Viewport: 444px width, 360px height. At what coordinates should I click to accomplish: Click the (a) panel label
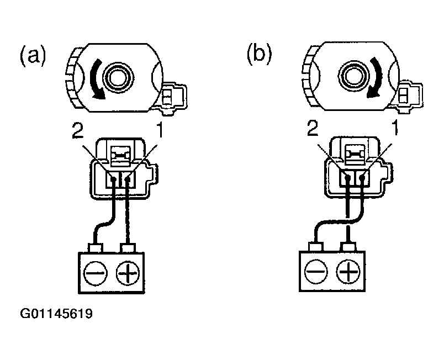(33, 56)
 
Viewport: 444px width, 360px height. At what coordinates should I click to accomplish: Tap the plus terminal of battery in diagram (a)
(128, 272)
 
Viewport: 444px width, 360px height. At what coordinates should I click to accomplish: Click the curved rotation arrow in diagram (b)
(378, 77)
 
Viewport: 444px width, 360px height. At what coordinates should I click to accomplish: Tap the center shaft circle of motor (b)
(351, 73)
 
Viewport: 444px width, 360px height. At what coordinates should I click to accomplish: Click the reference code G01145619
(56, 315)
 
